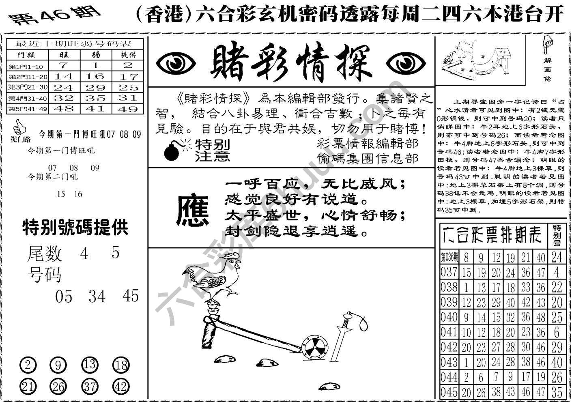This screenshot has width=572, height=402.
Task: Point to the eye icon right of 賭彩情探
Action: pos(406,64)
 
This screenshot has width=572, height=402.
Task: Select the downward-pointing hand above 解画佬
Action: pos(548,45)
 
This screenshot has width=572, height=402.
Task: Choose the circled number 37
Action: pos(89,386)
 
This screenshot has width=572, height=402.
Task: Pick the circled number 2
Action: pos(28,365)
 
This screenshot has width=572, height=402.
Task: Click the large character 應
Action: pos(192,210)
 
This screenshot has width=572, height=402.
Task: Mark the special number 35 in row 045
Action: pos(557,392)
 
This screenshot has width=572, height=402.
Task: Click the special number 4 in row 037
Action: pos(557,272)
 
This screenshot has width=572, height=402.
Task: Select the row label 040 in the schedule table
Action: pos(449,317)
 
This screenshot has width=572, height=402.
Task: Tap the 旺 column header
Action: pos(64,54)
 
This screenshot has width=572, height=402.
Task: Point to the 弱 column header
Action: pos(96,54)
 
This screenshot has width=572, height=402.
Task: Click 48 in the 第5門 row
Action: pos(64,109)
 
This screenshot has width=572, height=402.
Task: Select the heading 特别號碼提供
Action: pos(75,227)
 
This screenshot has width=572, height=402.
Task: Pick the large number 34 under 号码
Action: pos(97,297)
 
